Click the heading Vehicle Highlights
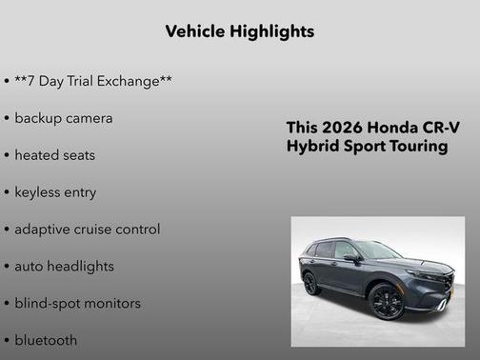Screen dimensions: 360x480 point(239,31)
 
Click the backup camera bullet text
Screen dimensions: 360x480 point(64,118)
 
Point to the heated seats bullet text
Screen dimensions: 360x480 point(55,155)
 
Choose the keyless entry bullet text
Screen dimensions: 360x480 point(55,192)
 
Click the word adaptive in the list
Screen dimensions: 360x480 point(44,230)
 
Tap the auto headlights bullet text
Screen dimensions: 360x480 point(64,267)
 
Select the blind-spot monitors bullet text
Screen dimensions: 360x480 point(77,304)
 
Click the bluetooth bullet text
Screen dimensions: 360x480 point(46,340)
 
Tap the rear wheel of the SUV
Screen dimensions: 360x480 point(311,284)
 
